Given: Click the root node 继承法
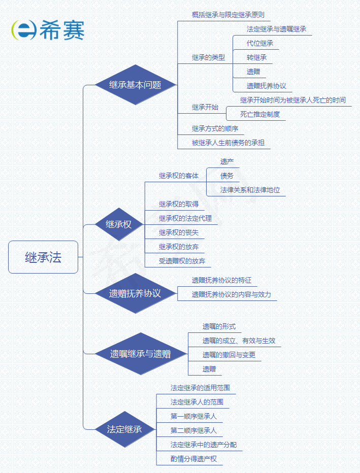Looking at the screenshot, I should click(x=43, y=257).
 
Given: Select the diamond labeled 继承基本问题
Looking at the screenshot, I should click(x=135, y=85).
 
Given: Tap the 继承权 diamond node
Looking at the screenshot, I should click(x=118, y=224).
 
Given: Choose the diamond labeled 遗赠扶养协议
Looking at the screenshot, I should click(x=135, y=293).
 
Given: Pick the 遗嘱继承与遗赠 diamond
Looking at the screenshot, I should click(x=140, y=354).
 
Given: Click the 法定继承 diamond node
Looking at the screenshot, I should click(x=124, y=429).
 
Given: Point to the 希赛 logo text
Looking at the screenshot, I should click(x=63, y=30).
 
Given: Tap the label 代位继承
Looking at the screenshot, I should click(x=260, y=43).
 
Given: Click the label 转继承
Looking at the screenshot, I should click(x=256, y=57).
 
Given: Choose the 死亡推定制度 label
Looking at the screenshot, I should click(x=260, y=114).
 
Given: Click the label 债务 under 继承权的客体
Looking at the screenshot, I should click(x=227, y=176).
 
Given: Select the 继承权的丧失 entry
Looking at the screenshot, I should click(x=179, y=232).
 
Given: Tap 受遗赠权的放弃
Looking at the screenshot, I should click(x=182, y=261).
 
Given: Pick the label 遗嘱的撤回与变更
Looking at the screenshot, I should click(x=229, y=355).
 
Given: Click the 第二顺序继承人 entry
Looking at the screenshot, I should click(x=193, y=430).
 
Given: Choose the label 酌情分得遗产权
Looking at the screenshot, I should click(x=193, y=459).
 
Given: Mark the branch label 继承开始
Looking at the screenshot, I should click(x=205, y=107).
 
